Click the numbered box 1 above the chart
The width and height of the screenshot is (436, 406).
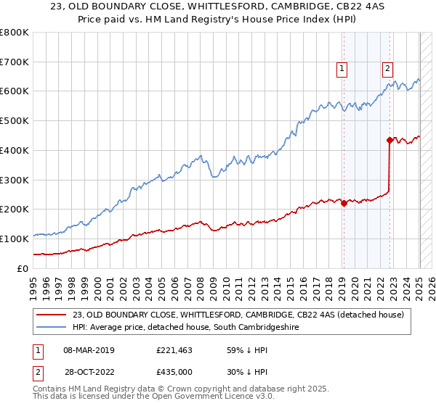(342, 69)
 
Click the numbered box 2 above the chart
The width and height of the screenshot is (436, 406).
(388, 69)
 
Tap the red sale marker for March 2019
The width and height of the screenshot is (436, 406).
(344, 203)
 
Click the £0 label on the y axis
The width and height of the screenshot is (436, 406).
(23, 268)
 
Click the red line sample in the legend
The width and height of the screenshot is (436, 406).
(53, 314)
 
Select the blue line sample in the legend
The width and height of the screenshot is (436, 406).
(53, 328)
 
